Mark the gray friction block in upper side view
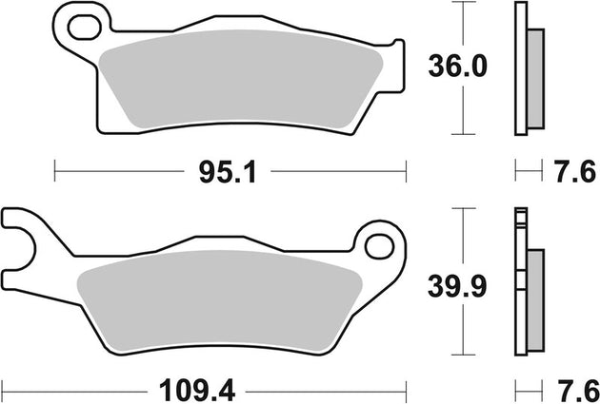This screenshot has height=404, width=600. click(x=536, y=76)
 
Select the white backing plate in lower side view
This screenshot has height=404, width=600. click(x=520, y=285)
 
